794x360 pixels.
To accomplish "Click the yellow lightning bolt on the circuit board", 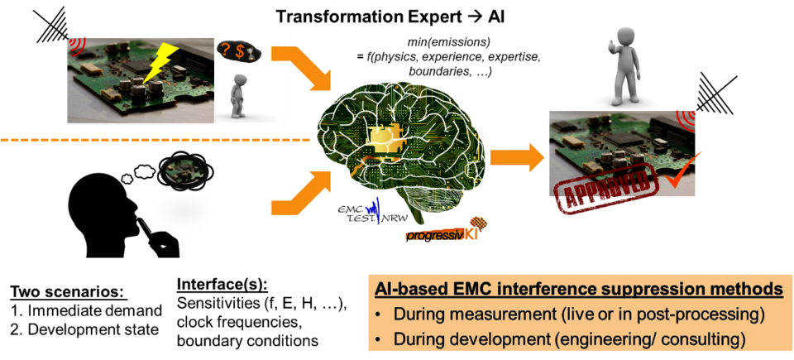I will tap(160, 63).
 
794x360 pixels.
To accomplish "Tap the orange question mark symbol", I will tap(224, 50).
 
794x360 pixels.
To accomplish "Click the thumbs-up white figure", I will tap(622, 67).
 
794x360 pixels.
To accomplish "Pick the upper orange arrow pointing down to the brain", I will tap(303, 67).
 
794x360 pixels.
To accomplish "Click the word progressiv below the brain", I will tap(432, 236).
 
